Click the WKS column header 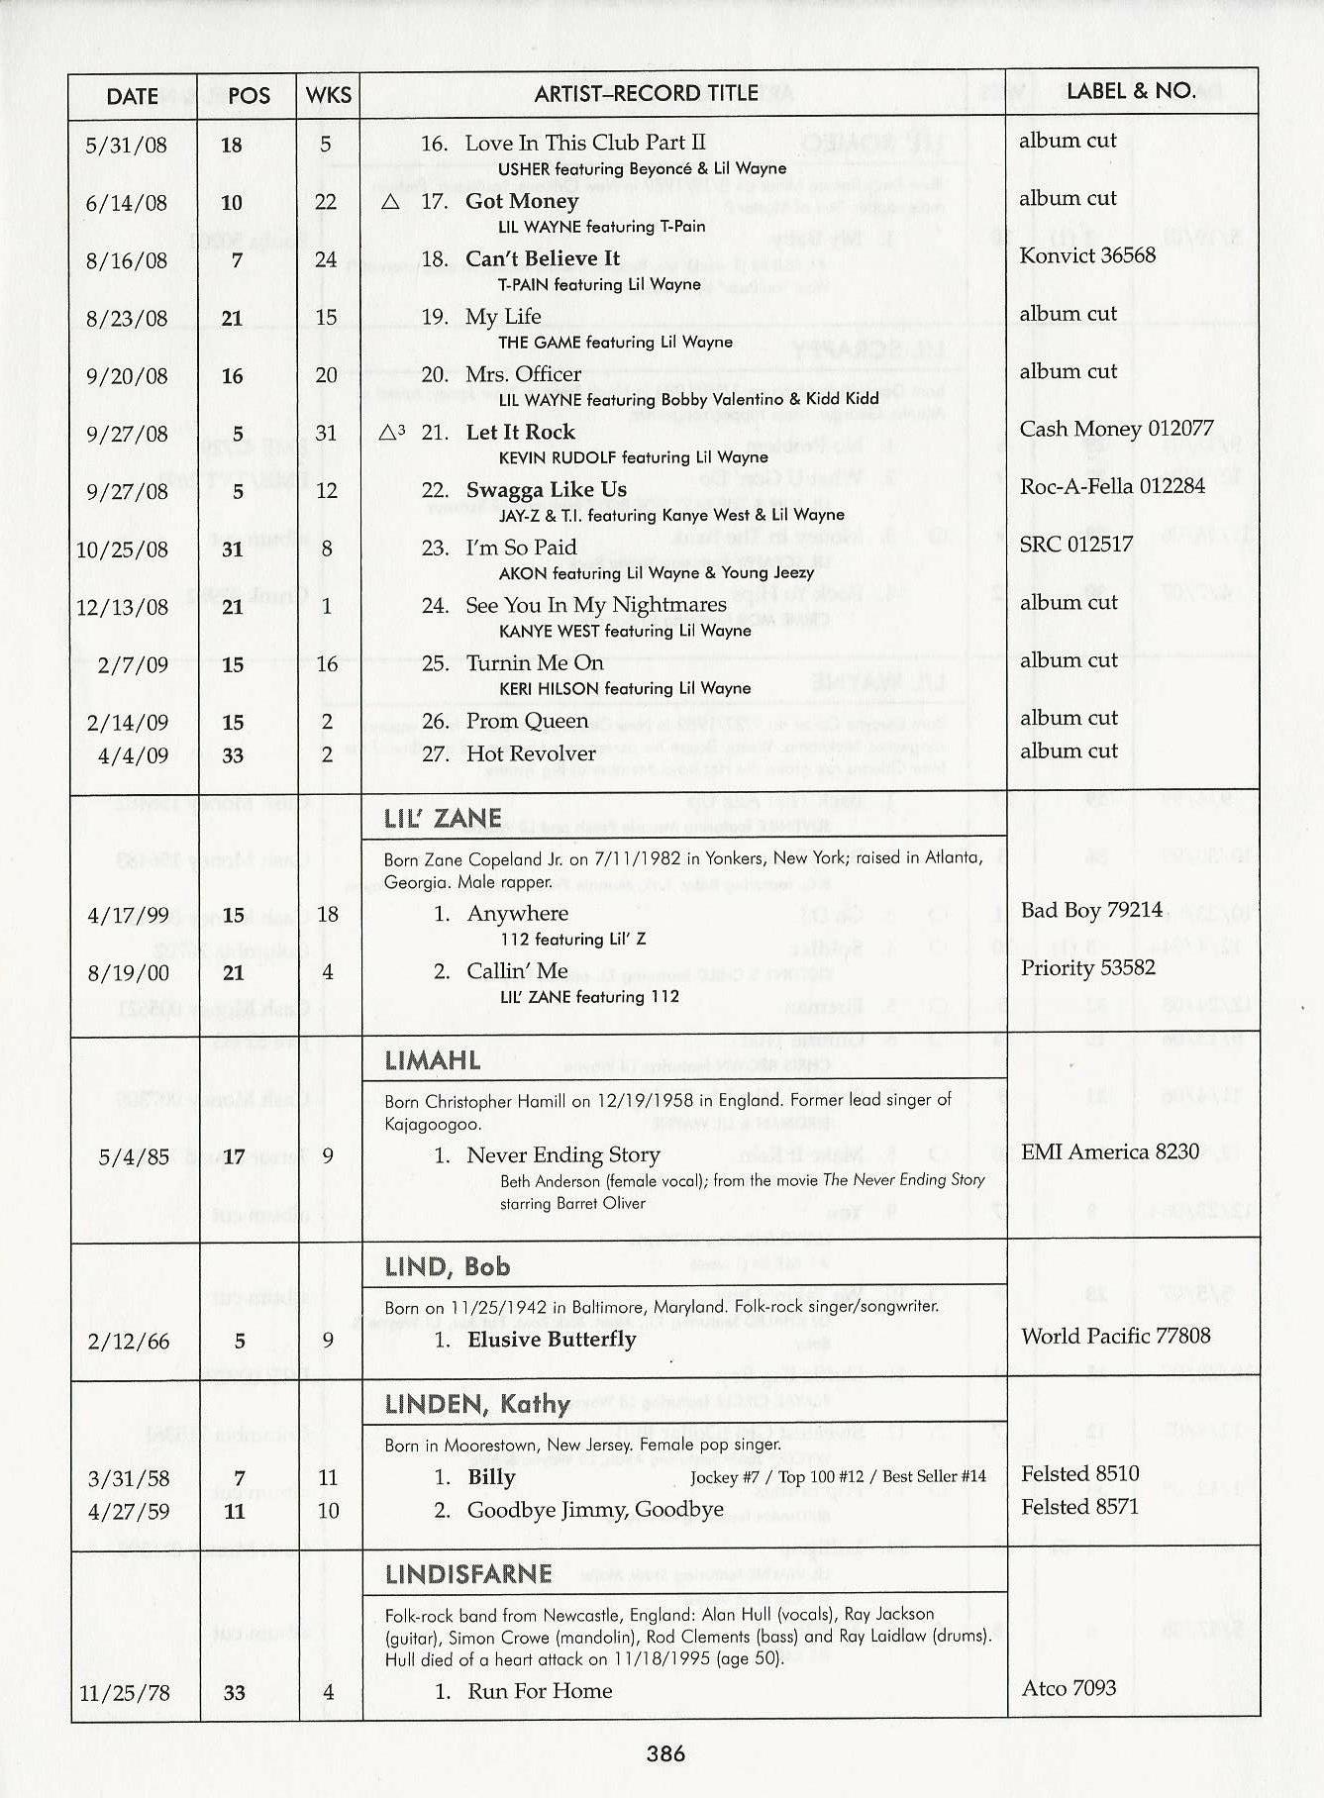pos(329,95)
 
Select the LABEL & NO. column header pos(1131,91)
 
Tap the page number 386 pos(665,1753)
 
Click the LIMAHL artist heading pos(433,1062)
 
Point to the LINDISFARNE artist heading pos(468,1574)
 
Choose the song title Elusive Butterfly pos(552,1340)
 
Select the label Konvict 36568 pos(1087,255)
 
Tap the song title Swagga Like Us pos(546,490)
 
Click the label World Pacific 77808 pos(1115,1336)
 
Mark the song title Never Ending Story pos(562,1155)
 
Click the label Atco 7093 pos(1069,1687)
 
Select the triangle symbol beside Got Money pos(390,202)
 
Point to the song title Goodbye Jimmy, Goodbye pos(595,1510)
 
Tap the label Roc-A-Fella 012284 pos(1112,486)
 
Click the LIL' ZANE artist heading pos(443,819)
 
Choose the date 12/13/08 pos(122,607)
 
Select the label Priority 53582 pos(1087,967)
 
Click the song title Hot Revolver pos(531,753)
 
